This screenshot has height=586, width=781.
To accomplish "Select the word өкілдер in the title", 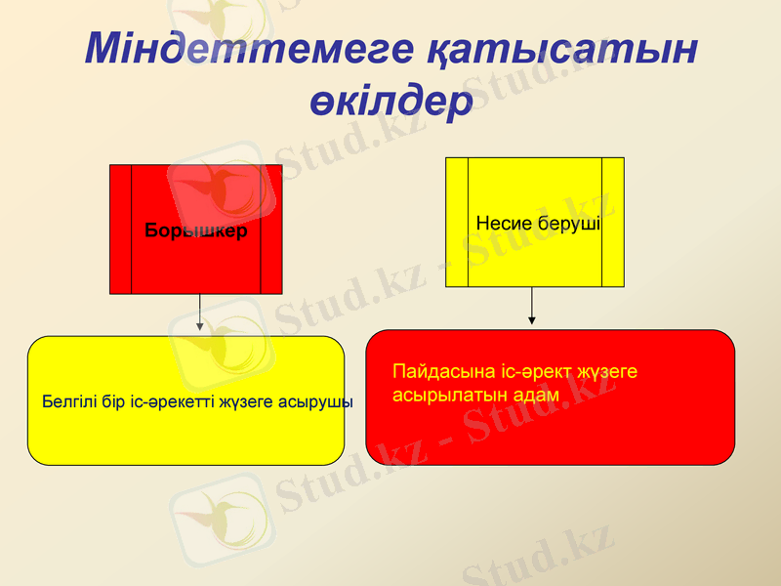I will pos(390,101).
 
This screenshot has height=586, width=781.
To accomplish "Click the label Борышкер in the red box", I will pos(195,231).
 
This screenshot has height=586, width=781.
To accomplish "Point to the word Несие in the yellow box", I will pos(505,224).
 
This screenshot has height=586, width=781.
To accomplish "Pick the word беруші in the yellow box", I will pos(568,224).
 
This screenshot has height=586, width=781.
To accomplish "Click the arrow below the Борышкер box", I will pos(200,314).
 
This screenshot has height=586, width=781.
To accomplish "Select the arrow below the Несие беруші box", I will pos(532,306).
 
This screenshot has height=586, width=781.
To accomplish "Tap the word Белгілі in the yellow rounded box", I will pos(66,401).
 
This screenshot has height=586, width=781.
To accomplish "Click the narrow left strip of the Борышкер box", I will pos(120,230).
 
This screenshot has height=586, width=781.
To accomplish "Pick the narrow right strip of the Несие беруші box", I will pos(613,223).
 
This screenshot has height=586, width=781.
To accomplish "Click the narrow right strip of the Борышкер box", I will pos(271,230).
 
